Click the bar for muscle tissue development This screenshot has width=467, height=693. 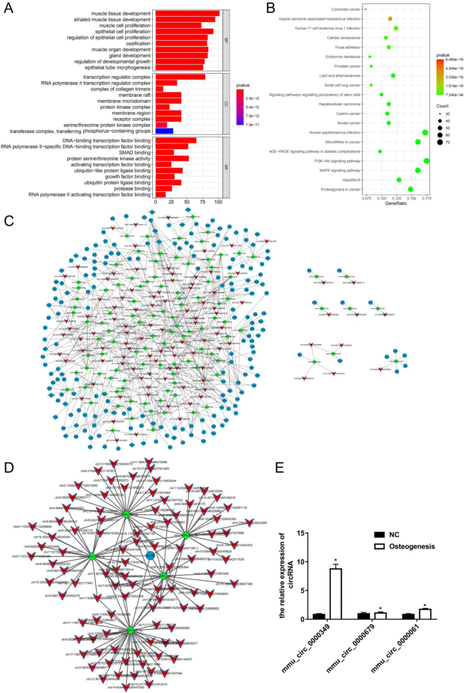point(187,13)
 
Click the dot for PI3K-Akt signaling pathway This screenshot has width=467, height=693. point(426,160)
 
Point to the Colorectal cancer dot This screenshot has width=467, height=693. point(365,9)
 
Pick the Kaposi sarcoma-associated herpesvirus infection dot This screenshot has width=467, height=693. point(390,19)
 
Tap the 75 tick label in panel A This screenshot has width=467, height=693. point(203,202)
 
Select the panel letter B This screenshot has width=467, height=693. point(252,8)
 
